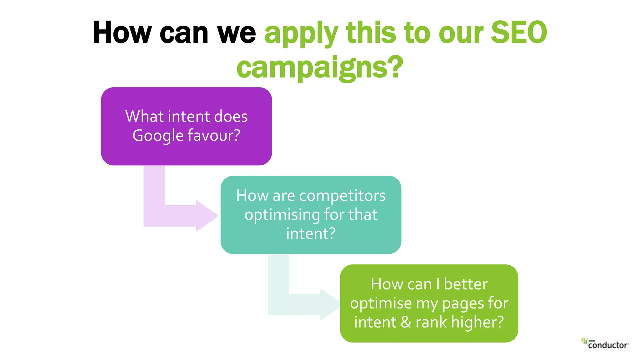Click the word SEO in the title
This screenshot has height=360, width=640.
519,32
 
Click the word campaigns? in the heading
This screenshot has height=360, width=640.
320,67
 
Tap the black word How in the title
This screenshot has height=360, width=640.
122,32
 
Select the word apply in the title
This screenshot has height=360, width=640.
301,34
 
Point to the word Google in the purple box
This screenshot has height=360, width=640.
158,136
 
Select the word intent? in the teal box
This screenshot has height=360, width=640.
311,234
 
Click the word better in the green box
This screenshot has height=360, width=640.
466,284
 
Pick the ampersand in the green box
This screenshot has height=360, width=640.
406,322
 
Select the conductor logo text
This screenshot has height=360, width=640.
608,345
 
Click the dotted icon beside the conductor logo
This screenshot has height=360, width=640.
584,341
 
